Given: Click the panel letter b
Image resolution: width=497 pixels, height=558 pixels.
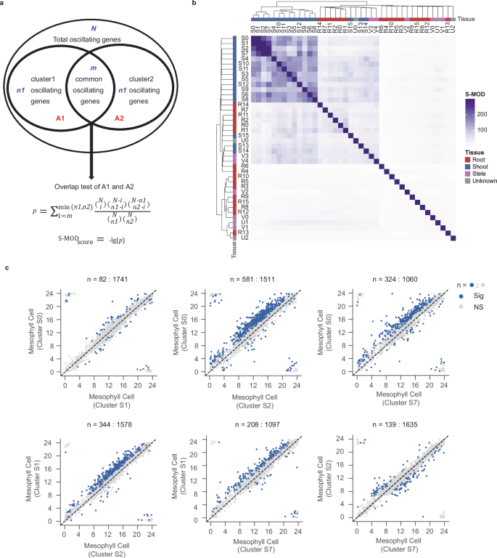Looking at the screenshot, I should (x=193, y=4).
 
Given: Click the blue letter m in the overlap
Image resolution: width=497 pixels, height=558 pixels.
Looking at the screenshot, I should (x=93, y=68).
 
